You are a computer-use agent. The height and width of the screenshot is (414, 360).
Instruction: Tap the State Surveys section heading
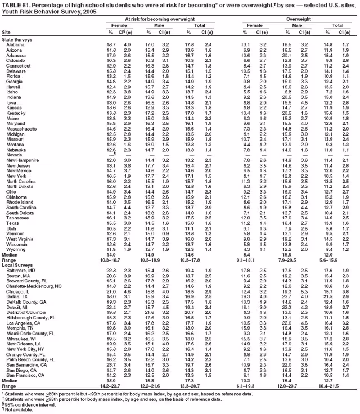(17, 39)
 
